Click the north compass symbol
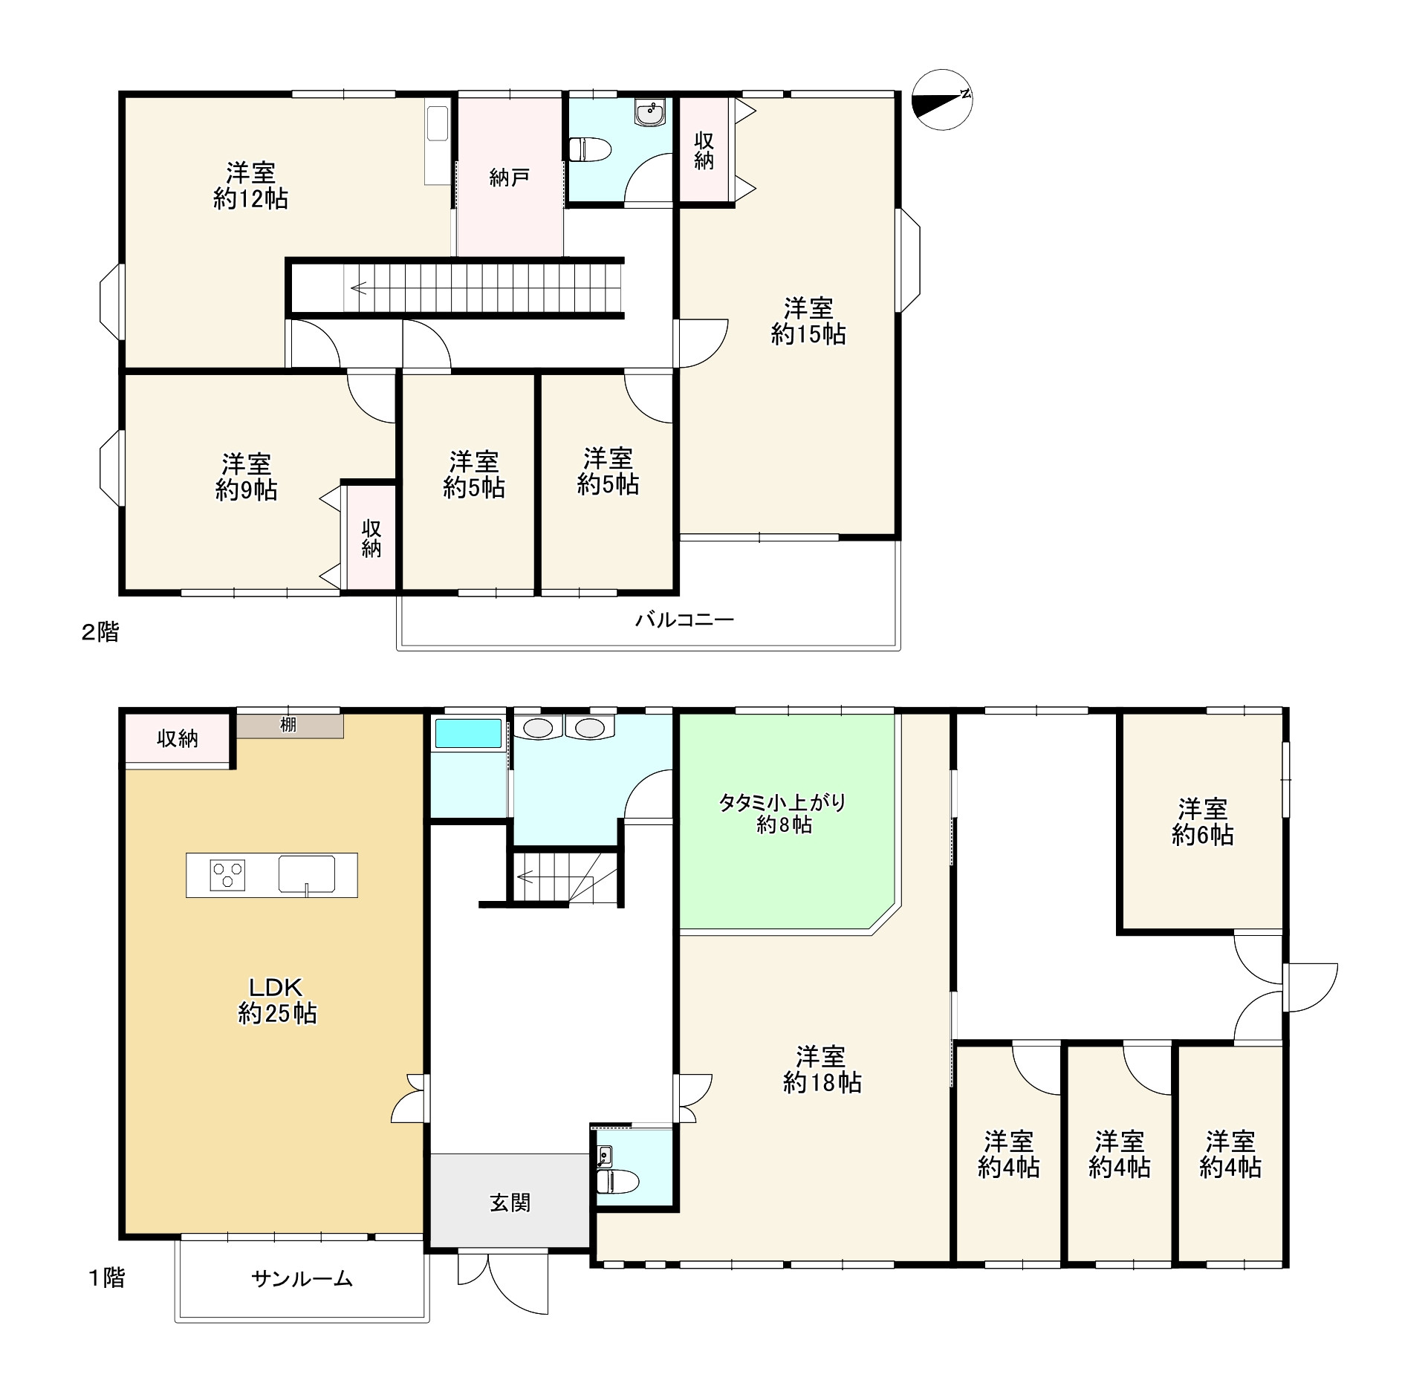click(x=942, y=100)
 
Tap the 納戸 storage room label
click(x=510, y=178)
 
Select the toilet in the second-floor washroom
click(x=590, y=149)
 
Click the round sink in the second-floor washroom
click(x=650, y=113)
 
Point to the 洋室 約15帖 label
click(x=808, y=321)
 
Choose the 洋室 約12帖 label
click(x=251, y=186)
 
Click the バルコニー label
click(x=684, y=619)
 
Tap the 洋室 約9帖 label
click(x=247, y=477)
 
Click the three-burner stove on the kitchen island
click(x=227, y=874)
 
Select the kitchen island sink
click(x=307, y=874)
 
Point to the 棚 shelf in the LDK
click(x=290, y=726)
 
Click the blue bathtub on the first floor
click(x=468, y=733)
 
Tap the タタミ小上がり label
click(x=782, y=803)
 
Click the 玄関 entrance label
click(x=510, y=1203)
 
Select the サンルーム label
click(x=302, y=1278)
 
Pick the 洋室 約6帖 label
click(x=1203, y=822)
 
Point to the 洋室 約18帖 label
click(x=822, y=1070)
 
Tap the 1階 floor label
click(x=107, y=1278)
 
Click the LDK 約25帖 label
click(x=277, y=1000)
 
